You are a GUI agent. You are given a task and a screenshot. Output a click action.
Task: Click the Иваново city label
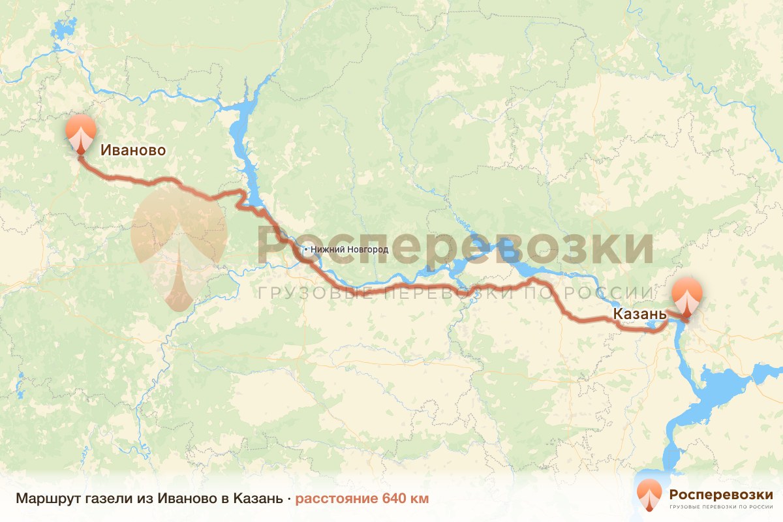point(132,150)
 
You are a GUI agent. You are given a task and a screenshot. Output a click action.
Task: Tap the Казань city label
point(639,315)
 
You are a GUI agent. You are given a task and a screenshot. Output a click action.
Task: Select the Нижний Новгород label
point(349,249)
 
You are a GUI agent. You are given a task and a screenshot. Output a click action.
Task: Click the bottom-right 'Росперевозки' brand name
point(720,493)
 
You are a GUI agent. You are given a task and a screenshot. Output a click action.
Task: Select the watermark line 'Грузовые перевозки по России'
point(455,293)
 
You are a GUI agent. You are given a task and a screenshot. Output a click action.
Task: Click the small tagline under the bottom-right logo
point(721,506)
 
